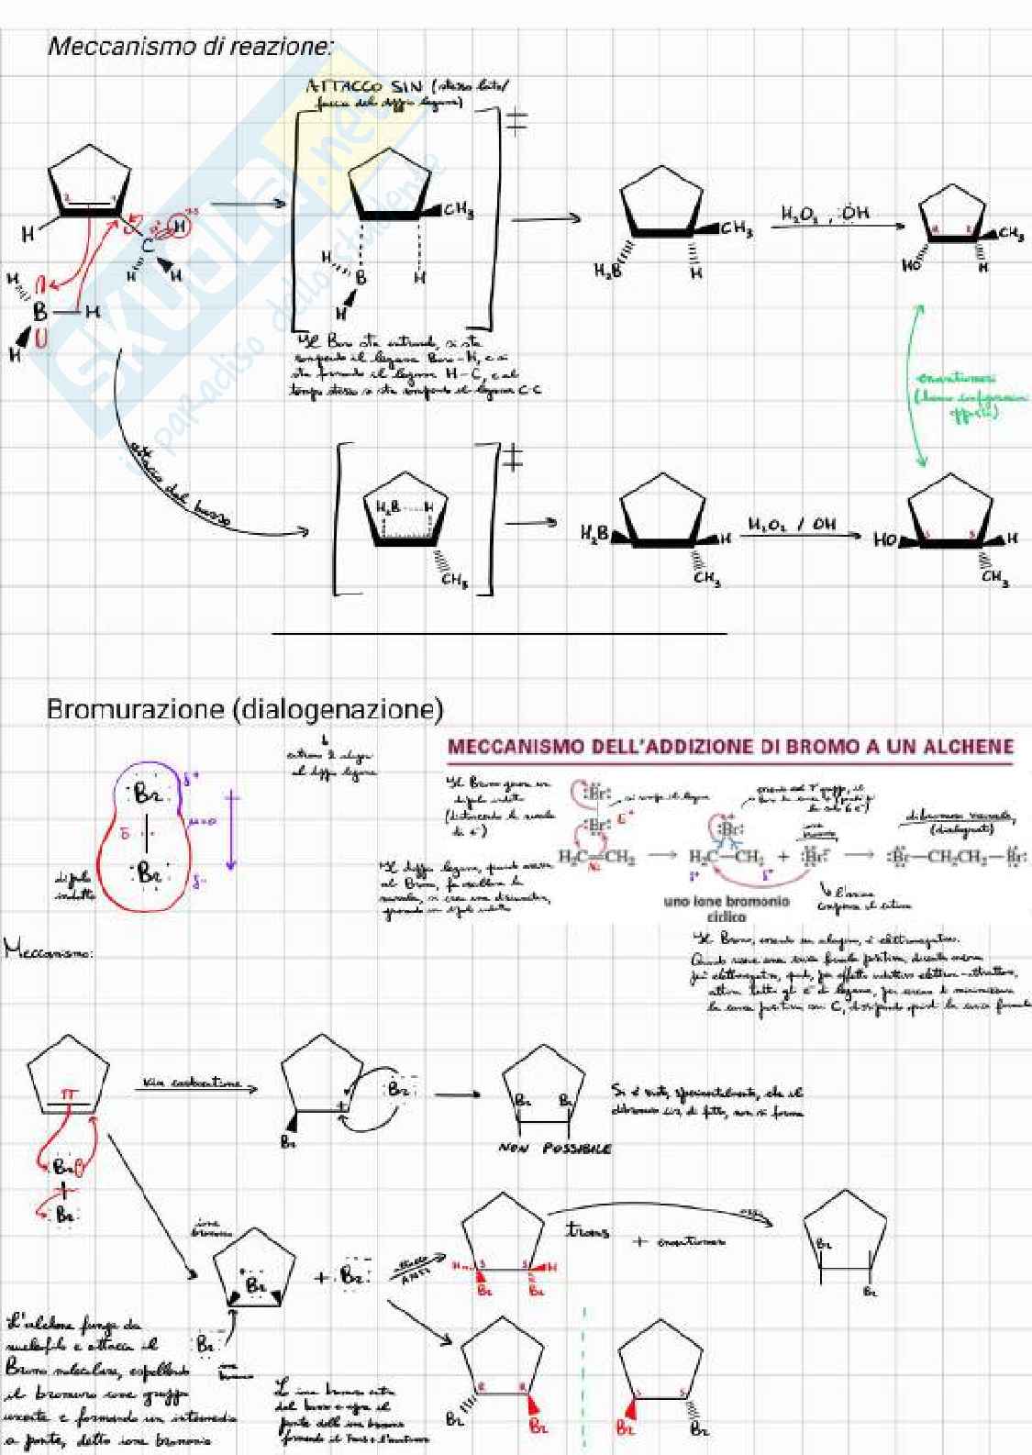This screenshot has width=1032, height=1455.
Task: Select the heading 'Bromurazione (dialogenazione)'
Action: [x=245, y=709]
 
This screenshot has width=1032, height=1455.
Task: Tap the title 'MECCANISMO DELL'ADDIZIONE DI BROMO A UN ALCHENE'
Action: [x=730, y=747]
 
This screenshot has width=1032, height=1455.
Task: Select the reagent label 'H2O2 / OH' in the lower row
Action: [x=791, y=525]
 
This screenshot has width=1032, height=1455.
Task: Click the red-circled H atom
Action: [x=179, y=226]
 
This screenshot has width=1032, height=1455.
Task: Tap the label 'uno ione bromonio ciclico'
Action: [x=727, y=908]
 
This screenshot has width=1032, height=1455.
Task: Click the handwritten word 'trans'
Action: [x=587, y=1230]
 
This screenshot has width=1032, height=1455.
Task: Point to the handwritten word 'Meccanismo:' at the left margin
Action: [x=49, y=951]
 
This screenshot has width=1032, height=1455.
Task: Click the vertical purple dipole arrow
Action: [x=231, y=831]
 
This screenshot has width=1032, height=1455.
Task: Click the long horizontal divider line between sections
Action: [x=499, y=633]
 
